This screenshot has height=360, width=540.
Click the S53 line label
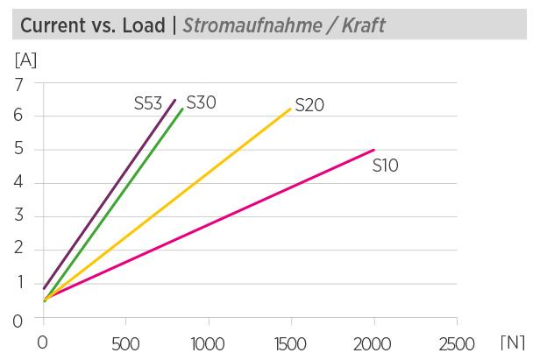[148, 104]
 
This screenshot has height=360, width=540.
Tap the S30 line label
[202, 102]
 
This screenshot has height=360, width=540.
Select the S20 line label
[309, 105]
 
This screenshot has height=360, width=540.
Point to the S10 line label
[386, 165]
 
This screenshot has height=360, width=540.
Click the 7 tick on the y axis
[17, 83]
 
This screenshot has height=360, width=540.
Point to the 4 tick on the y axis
[17, 183]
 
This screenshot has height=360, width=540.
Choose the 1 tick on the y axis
[17, 283]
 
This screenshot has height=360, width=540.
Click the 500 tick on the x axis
[125, 342]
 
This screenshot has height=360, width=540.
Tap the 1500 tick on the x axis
[290, 342]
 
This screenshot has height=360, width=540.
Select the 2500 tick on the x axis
[456, 342]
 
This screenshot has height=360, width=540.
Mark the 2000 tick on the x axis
[373, 342]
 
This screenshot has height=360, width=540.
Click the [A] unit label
[25, 61]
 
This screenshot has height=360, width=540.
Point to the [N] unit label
[513, 342]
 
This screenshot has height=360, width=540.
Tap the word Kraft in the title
[362, 26]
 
